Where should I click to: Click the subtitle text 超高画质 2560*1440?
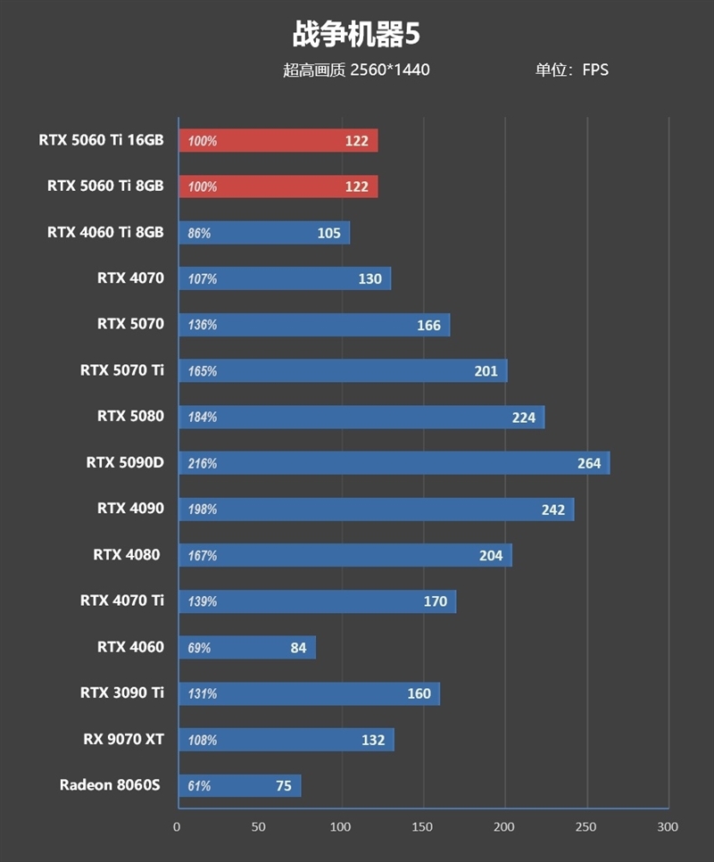click(x=356, y=70)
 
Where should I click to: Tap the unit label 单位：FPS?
click(x=571, y=70)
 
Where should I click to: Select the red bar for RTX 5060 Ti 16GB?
click(x=278, y=141)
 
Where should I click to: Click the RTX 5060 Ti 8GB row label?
click(x=105, y=186)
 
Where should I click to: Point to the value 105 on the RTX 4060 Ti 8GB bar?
click(x=328, y=233)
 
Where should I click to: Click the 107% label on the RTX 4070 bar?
click(x=203, y=279)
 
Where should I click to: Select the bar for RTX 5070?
click(x=313, y=325)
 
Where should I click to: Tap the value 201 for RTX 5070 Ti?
click(x=486, y=371)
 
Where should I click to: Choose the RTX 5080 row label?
click(x=130, y=417)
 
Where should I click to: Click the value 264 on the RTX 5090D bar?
click(x=589, y=463)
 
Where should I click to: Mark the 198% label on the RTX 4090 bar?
click(x=203, y=510)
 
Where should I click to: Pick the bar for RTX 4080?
click(x=345, y=555)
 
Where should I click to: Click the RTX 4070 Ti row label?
click(x=122, y=601)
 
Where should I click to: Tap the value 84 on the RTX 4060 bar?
click(x=298, y=648)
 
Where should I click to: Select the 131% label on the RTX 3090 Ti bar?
click(x=203, y=693)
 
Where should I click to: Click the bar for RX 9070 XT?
click(x=286, y=740)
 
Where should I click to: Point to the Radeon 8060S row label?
click(x=110, y=785)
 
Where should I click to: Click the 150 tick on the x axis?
click(x=422, y=827)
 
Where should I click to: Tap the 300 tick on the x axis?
click(x=668, y=827)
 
